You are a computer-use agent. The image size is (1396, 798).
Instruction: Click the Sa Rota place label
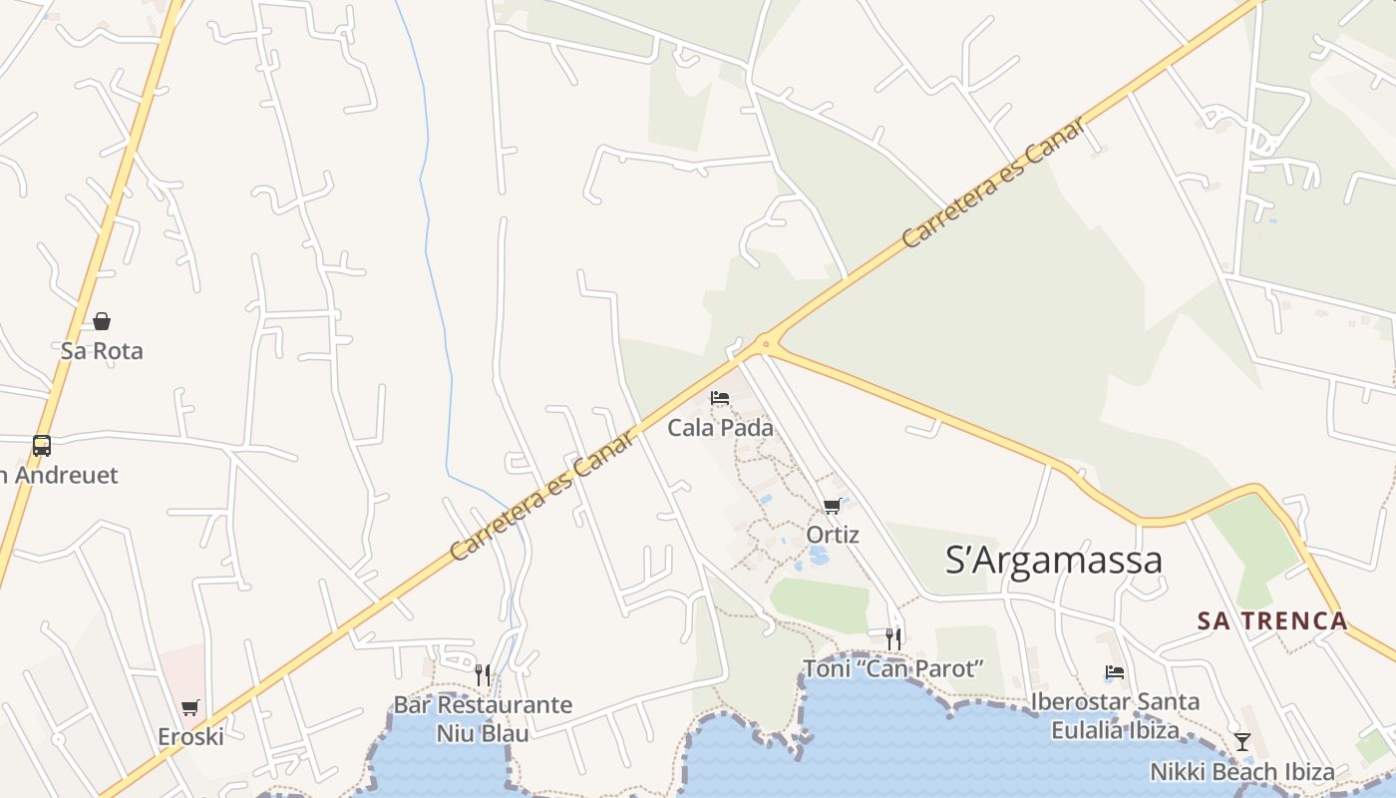102,351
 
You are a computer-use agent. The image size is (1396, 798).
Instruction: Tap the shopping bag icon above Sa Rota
102,320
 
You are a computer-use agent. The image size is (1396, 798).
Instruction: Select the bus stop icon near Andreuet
41,446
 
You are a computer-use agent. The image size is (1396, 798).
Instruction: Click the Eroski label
190,737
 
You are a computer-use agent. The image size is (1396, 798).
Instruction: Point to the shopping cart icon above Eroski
190,707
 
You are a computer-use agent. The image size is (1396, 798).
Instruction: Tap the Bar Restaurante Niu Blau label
483,718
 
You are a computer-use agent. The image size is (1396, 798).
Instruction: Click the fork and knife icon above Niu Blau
483,675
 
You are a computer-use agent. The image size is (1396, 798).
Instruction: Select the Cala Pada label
720,428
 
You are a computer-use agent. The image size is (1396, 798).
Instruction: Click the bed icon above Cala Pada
720,398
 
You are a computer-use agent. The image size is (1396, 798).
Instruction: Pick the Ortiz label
833,535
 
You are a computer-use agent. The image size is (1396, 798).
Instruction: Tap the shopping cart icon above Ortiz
833,506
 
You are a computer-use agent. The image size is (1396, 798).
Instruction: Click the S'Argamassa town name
1053,560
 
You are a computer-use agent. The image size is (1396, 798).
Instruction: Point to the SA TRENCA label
1272,620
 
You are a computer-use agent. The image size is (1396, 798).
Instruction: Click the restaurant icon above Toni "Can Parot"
893,637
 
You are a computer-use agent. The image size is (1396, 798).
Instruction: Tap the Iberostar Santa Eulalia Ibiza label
1115,715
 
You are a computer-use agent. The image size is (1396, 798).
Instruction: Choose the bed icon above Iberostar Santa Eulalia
1115,672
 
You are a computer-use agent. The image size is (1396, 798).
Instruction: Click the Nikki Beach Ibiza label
1241,771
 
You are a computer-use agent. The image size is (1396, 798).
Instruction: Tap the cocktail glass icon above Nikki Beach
1242,741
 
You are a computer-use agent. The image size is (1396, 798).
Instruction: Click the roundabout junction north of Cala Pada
766,344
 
